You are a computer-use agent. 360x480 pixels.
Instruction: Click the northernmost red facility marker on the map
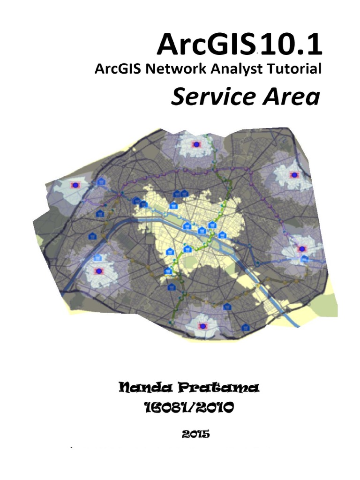click(x=196, y=144)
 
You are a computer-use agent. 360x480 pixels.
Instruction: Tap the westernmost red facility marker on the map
click(x=74, y=186)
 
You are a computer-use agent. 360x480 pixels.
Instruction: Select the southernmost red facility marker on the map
click(x=202, y=326)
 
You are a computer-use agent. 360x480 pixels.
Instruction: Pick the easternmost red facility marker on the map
click(x=302, y=249)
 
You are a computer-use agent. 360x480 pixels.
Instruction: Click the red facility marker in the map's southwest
click(x=98, y=271)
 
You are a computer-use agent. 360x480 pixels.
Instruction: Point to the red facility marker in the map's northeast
click(x=294, y=175)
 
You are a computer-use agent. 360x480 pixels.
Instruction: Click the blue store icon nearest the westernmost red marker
click(x=100, y=182)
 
